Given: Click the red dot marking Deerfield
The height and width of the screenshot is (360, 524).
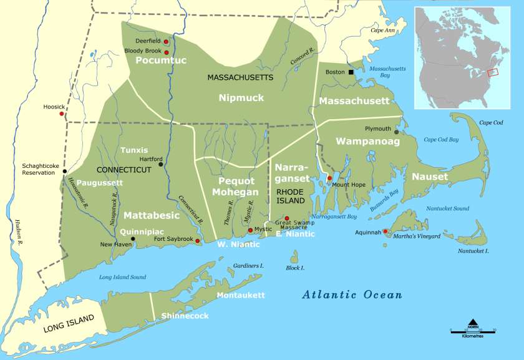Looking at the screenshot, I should pos(166,42).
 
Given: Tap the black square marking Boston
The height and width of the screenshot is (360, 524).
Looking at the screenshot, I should pos(351,72).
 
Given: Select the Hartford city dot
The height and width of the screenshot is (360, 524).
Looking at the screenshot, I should pos(160,165).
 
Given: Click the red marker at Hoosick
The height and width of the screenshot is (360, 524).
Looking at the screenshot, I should pos(61,114).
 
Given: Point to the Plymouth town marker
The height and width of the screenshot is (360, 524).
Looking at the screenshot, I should pos(396,132).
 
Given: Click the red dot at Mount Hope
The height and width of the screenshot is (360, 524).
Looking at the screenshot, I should pos(329,178).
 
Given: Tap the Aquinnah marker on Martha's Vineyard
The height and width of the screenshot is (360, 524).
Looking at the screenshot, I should pos(385,231).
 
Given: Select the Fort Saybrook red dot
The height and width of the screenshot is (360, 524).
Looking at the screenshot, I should pos(198,241).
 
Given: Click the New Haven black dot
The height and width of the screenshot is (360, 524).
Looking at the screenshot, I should pos(132,238).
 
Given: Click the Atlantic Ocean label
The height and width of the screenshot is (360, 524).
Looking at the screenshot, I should pos(352,295).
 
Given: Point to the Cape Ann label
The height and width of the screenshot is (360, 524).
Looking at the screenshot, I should pos(384,30).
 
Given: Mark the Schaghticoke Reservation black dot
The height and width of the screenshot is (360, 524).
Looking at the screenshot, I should pos(64,171).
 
